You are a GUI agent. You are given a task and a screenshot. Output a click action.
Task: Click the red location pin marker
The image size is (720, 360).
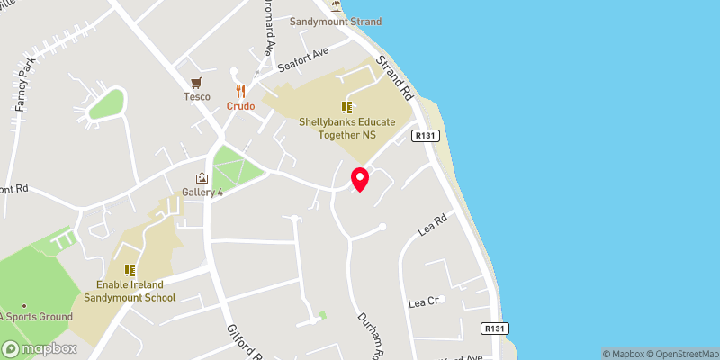[x=359, y=179]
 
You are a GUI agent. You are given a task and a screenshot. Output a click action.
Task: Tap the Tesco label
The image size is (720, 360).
[x=197, y=97]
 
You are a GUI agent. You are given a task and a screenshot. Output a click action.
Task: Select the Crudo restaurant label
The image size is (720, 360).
[x=240, y=106]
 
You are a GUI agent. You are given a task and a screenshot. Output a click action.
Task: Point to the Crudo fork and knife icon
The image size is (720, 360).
[x=240, y=91]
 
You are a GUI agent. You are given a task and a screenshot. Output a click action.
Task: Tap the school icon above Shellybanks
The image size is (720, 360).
[x=346, y=107]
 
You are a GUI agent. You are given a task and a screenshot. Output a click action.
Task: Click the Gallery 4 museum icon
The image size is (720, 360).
[x=202, y=178]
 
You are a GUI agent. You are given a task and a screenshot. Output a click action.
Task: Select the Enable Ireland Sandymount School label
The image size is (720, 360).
[x=130, y=291]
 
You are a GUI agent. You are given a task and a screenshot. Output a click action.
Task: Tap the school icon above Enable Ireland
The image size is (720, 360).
[x=130, y=269]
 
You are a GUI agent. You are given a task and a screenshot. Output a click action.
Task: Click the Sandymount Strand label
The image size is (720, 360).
[x=336, y=22]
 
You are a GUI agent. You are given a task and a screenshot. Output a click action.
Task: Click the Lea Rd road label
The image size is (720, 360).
[x=433, y=225]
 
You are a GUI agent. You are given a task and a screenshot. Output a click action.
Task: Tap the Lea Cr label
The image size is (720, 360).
[x=423, y=301]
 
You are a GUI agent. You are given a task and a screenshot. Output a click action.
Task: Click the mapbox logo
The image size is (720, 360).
[x=39, y=348]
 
